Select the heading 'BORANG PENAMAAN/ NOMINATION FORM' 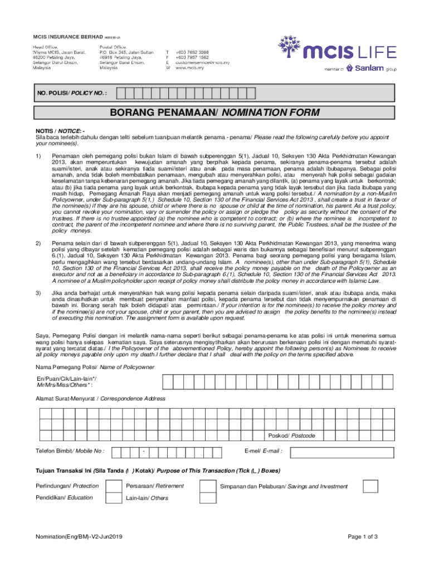(215, 113)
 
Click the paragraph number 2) (38, 243)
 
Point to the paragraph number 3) (38, 292)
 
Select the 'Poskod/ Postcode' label (291, 435)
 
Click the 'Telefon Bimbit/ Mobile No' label (70, 451)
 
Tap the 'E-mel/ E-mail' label (263, 451)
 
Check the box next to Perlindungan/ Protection (114, 487)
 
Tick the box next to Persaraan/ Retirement (208, 487)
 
